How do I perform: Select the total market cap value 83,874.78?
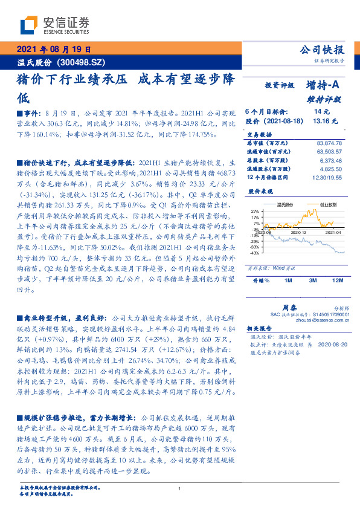[329, 142]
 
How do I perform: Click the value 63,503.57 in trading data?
[329, 151]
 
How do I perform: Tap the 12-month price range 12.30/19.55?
[327, 178]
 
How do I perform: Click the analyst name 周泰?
[289, 307]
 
